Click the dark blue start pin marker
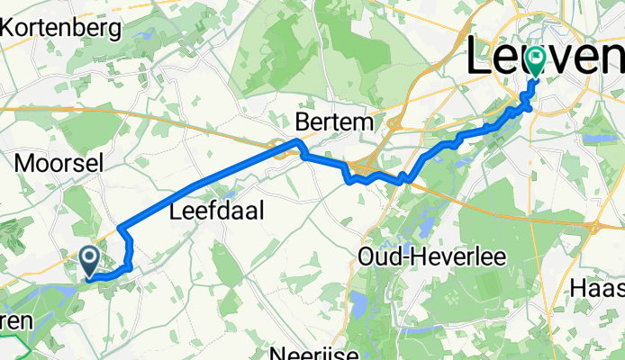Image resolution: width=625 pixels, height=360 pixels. coord(91,261)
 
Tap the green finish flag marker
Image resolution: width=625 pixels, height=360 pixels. coord(538,61)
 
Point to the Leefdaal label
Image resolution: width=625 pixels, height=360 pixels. coord(209,213)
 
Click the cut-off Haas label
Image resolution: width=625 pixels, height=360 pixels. coord(598,289)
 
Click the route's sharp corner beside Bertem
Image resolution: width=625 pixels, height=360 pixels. coord(298,143)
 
